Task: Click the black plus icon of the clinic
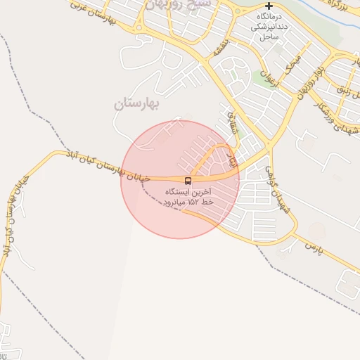click(269, 6)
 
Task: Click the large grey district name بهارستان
click(138, 104)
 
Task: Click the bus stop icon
click(188, 180)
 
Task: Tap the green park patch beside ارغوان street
click(264, 80)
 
